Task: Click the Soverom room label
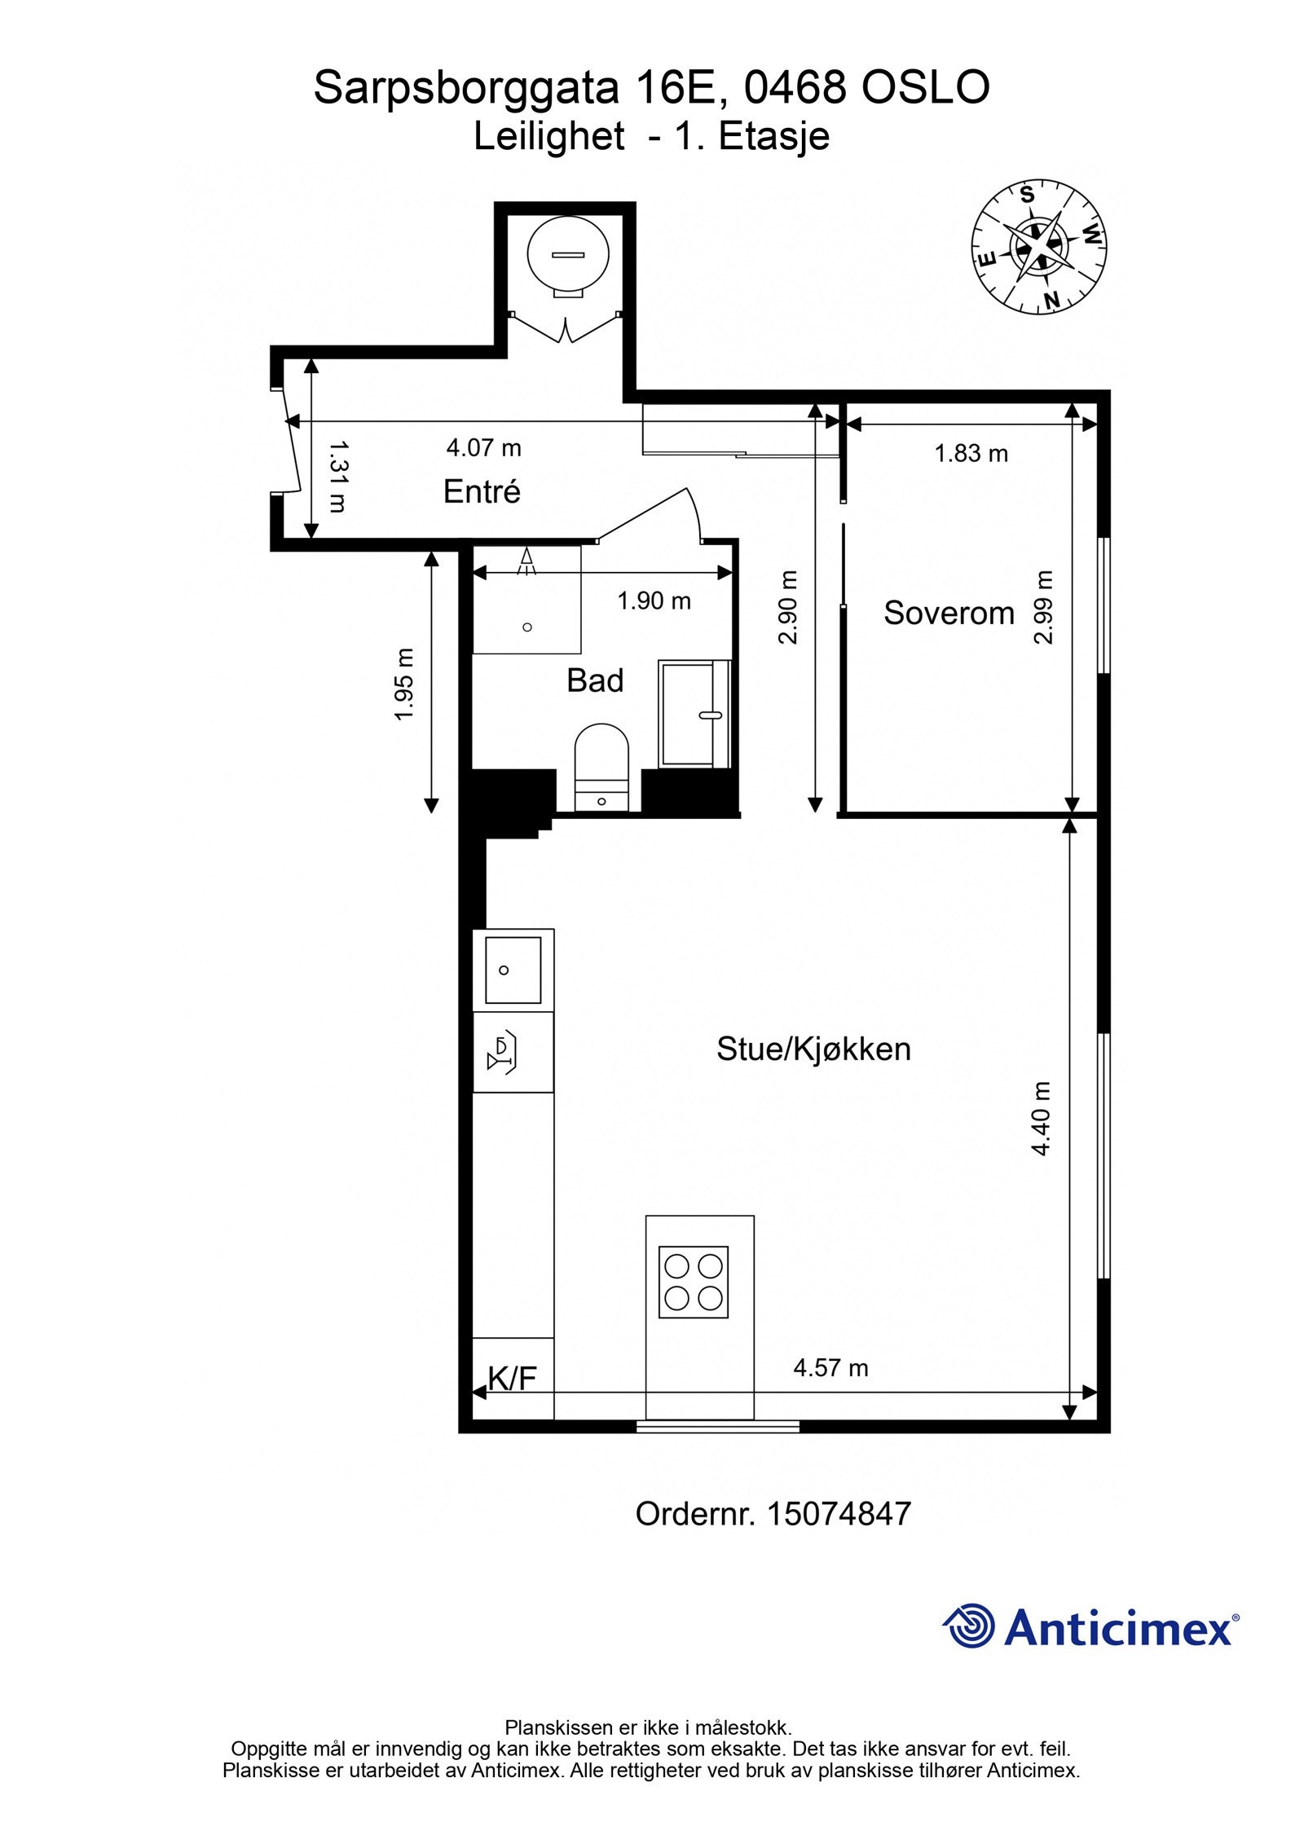point(949,613)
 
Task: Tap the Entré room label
point(482,491)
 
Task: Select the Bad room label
point(595,680)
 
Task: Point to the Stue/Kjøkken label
point(813,1049)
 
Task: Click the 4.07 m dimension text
point(483,447)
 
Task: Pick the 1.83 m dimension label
point(971,453)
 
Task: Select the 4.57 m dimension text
point(830,1368)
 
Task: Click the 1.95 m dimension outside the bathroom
point(404,684)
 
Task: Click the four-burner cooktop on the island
point(694,1282)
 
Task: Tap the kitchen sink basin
point(513,970)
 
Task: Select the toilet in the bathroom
point(601,762)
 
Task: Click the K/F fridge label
point(513,1379)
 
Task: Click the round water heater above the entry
point(568,255)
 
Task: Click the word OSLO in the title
point(926,87)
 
